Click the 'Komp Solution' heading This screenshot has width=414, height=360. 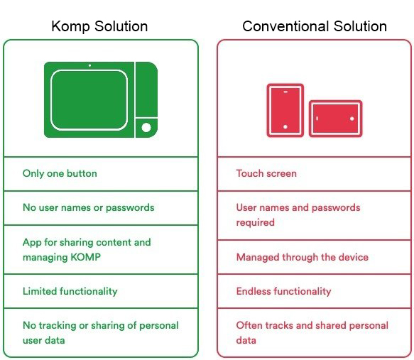click(99, 27)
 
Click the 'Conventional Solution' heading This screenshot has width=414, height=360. click(315, 26)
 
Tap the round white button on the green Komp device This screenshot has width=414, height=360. click(146, 128)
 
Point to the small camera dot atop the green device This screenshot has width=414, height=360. click(89, 65)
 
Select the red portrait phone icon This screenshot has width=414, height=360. click(285, 110)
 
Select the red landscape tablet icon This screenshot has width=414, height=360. click(335, 119)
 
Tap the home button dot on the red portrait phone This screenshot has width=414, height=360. click(285, 127)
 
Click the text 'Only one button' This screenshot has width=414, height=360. click(60, 174)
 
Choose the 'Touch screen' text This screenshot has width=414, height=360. click(266, 173)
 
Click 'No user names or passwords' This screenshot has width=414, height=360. click(89, 208)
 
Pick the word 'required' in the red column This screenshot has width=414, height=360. click(256, 222)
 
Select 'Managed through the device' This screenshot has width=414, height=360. click(303, 257)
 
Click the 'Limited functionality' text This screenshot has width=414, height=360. click(70, 291)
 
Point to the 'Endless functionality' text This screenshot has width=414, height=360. click(283, 291)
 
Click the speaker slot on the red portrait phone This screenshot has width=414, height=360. click(285, 92)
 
